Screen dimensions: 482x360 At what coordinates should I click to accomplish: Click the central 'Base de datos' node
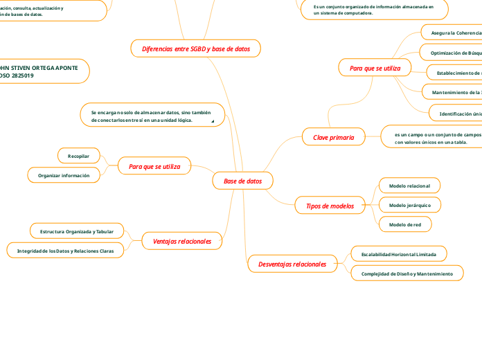coord(242,181)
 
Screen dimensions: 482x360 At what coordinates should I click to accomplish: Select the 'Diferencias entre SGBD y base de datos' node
coord(195,48)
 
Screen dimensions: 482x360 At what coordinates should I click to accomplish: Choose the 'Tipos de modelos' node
coord(330,206)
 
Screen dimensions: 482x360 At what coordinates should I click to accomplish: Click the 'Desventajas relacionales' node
coord(292,264)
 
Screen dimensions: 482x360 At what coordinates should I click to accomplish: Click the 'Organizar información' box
coord(64,176)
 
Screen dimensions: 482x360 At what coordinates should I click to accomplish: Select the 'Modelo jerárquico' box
coord(409,205)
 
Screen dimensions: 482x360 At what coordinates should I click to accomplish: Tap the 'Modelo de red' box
coord(405,224)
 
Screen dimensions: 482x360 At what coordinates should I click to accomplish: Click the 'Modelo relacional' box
coord(409,186)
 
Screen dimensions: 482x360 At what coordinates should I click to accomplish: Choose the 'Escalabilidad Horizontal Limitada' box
coord(398,254)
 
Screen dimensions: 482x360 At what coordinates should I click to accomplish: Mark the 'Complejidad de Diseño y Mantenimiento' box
coord(407,274)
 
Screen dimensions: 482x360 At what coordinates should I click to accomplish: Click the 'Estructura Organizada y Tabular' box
coord(77,231)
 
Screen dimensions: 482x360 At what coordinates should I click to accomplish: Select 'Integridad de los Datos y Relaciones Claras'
coord(66,249)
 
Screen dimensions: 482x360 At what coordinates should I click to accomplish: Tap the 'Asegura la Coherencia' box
coord(454,33)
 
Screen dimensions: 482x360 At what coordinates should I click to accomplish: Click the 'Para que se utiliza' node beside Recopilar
coord(154,166)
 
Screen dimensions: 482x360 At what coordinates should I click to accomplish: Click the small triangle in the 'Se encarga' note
coord(213,122)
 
